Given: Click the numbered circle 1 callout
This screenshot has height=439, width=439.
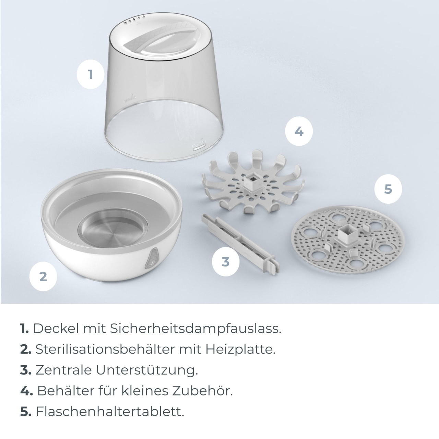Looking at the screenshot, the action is click(x=91, y=74).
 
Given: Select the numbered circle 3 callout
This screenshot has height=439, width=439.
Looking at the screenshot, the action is click(x=226, y=262).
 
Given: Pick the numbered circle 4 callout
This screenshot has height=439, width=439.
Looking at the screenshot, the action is click(x=299, y=131).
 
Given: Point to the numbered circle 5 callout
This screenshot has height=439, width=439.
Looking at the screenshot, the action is click(x=388, y=189).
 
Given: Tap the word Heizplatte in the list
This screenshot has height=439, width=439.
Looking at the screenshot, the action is click(x=240, y=349).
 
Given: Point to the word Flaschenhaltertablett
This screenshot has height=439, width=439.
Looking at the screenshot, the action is click(x=110, y=412).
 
